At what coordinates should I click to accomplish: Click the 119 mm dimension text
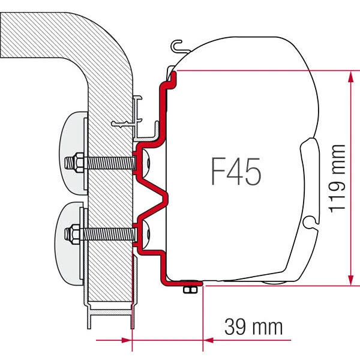pyautogui.click(x=339, y=178)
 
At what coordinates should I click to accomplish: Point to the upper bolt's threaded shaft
pyautogui.click(x=108, y=163)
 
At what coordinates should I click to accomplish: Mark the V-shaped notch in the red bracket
pyautogui.click(x=157, y=195)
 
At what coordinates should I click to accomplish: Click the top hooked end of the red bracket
pyautogui.click(x=171, y=75)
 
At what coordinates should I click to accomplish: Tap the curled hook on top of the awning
pyautogui.click(x=175, y=44)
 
